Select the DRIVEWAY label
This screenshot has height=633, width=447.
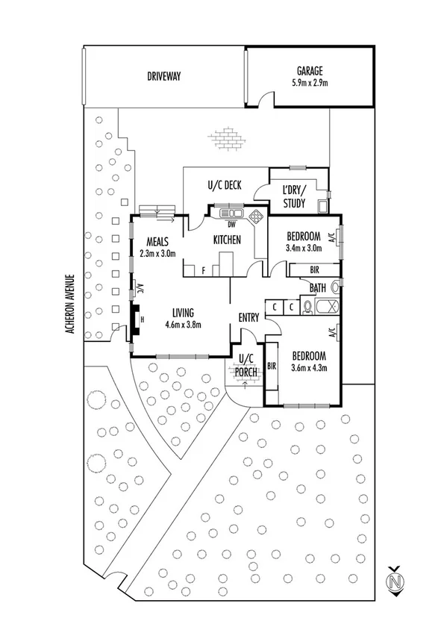[x=163, y=76]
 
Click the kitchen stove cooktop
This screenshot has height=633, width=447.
[x=255, y=216]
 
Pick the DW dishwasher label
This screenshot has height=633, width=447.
[x=231, y=225]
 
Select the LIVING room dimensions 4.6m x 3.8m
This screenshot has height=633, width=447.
[x=183, y=324]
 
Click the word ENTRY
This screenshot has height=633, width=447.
[x=248, y=318]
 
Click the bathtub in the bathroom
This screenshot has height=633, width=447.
[x=328, y=306]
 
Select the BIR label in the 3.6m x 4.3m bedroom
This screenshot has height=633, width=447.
[x=272, y=366]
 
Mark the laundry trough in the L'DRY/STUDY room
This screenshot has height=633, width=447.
[x=322, y=207]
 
